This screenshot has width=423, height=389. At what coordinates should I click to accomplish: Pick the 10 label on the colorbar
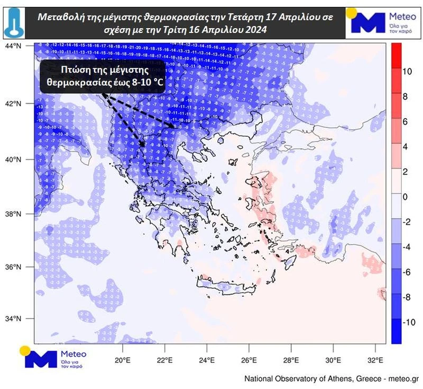pyautogui.click(x=408, y=71)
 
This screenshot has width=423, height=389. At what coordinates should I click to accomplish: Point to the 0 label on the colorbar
pyautogui.click(x=406, y=197)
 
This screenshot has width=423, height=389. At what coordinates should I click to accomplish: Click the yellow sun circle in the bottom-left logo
pyautogui.click(x=24, y=350)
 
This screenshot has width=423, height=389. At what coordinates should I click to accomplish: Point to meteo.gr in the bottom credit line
pyautogui.click(x=403, y=379)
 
